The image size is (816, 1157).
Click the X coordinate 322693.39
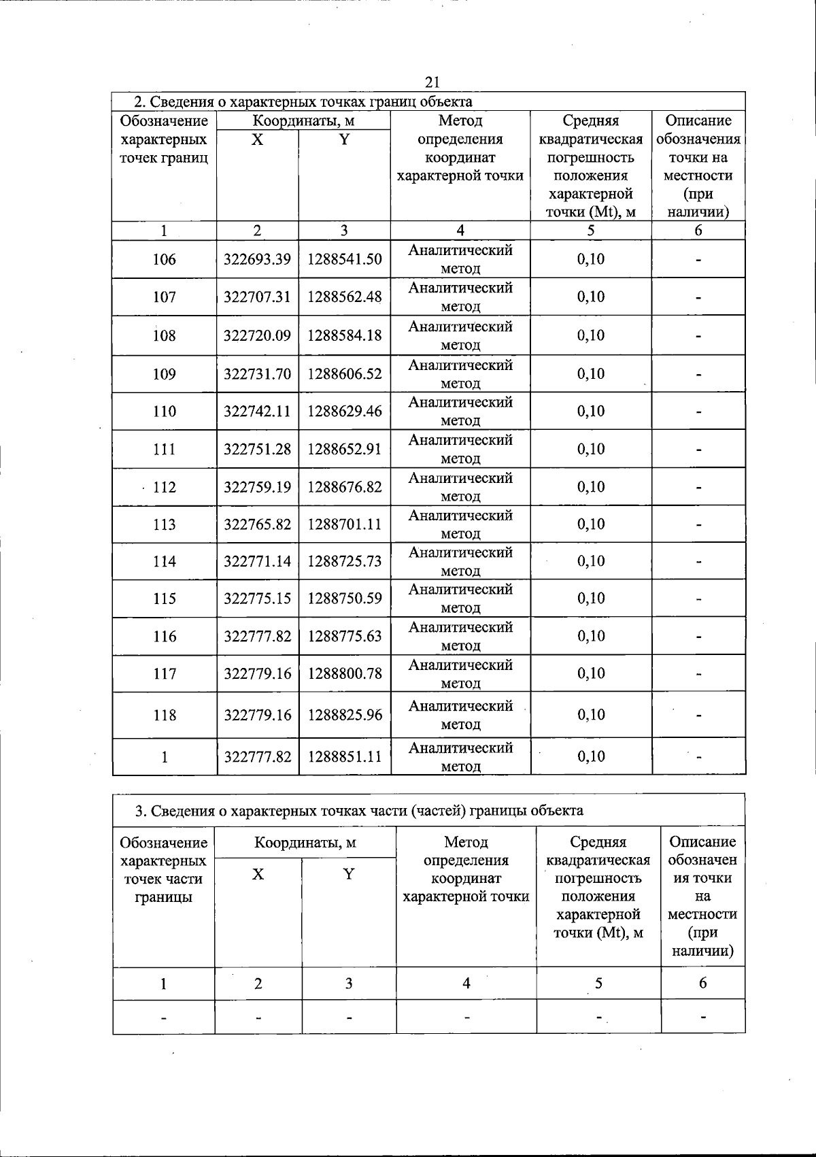click(x=258, y=259)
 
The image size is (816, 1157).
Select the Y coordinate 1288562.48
click(x=345, y=297)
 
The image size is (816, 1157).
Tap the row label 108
click(x=165, y=335)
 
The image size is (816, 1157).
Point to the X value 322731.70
click(x=258, y=373)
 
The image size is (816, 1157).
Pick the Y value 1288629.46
click(x=345, y=411)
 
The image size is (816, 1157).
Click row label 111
click(x=165, y=449)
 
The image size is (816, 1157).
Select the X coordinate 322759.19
click(x=258, y=487)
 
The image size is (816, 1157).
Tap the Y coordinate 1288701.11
click(x=345, y=524)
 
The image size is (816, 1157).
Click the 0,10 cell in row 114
click(x=591, y=561)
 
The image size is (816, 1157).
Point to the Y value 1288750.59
click(x=345, y=599)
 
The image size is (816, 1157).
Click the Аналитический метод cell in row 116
click(x=460, y=636)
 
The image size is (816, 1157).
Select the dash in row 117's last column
click(x=698, y=674)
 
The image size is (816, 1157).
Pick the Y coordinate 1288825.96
click(x=345, y=715)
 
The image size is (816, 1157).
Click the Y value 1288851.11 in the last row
click(x=345, y=756)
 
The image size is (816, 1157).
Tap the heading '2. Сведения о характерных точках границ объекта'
click(x=303, y=102)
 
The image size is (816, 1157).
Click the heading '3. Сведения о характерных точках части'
click(x=359, y=811)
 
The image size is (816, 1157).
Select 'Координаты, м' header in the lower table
click(x=305, y=843)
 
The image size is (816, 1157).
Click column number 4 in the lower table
click(x=466, y=983)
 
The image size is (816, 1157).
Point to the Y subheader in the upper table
click(x=345, y=139)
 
